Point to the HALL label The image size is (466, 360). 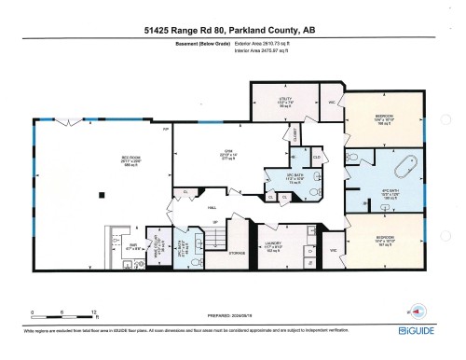pos(212,208)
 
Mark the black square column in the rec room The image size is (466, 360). pos(103,194)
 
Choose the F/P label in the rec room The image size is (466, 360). pos(167,130)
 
